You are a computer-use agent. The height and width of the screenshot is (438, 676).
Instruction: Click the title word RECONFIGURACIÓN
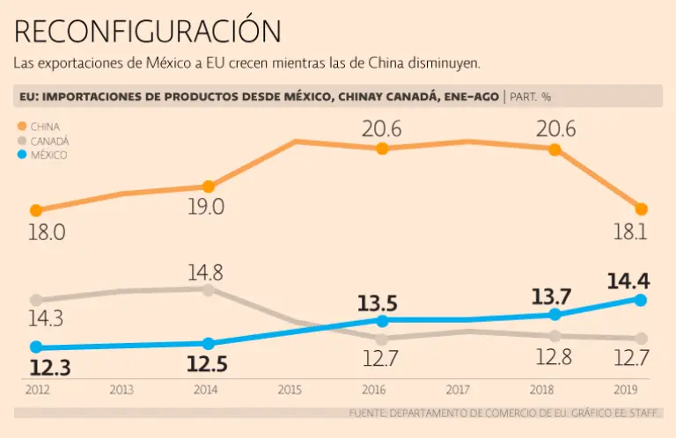click(148, 32)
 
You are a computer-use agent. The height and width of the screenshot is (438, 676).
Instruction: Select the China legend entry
click(44, 127)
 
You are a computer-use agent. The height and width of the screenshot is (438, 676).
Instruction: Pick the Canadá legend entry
click(49, 141)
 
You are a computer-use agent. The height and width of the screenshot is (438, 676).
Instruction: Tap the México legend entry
click(48, 155)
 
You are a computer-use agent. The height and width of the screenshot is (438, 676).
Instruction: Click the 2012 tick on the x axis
click(37, 389)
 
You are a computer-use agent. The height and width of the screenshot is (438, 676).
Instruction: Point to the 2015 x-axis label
click(290, 389)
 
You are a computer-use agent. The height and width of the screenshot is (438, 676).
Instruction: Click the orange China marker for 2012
click(36, 210)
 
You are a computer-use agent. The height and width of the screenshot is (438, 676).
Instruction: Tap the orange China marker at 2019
click(641, 209)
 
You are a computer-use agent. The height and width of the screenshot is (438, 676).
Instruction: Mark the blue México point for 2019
click(641, 300)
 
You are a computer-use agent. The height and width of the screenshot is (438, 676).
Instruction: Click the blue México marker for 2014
click(208, 344)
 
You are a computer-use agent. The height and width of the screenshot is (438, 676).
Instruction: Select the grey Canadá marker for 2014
click(208, 289)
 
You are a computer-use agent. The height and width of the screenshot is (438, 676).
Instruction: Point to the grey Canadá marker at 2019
click(641, 339)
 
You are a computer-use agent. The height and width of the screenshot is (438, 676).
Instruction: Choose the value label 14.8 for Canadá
click(204, 271)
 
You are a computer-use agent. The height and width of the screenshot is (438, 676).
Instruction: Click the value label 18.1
click(628, 233)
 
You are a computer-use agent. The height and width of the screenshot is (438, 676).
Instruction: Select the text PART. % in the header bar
click(532, 96)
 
